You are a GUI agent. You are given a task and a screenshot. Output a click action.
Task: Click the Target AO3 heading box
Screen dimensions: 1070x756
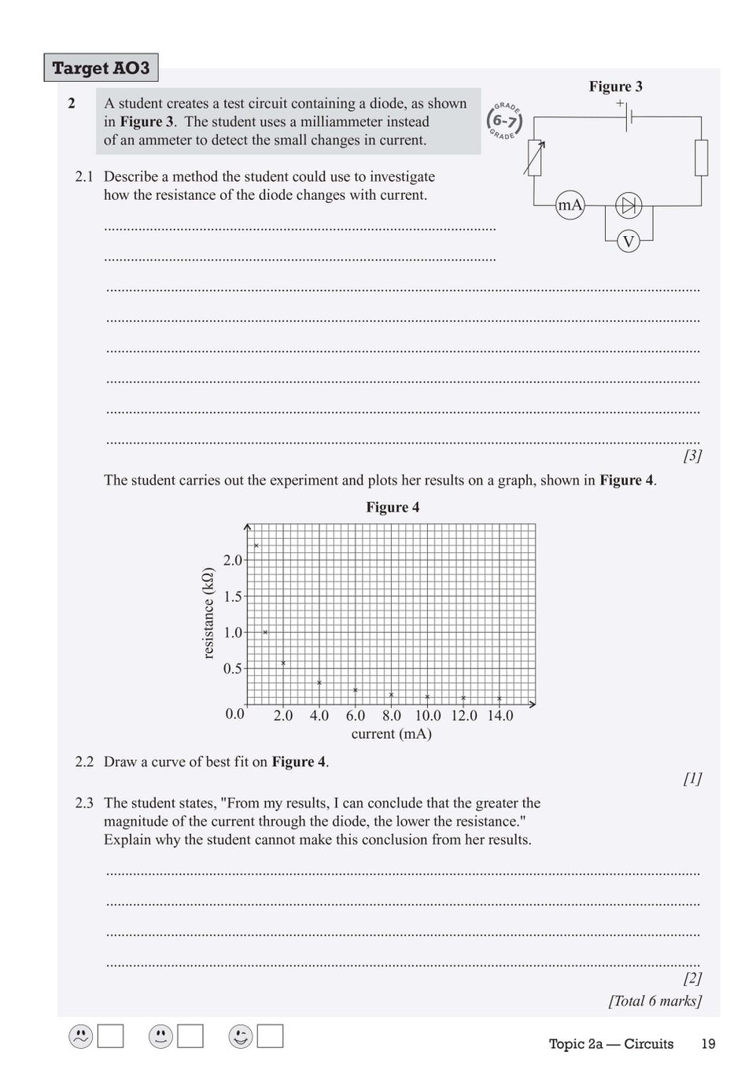pos(101,68)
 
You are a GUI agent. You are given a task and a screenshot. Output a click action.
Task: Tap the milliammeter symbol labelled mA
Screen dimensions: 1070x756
pos(570,206)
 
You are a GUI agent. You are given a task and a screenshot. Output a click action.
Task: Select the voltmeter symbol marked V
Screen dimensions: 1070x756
pos(628,242)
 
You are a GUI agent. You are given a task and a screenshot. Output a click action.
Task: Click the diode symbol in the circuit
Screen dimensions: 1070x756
pos(628,206)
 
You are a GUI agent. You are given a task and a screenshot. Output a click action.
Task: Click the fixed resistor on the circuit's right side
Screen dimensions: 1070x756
pos(701,157)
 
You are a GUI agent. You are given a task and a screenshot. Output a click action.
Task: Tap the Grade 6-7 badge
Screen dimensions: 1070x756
pos(504,120)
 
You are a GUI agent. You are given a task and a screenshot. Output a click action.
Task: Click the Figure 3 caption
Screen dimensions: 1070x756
pos(615,87)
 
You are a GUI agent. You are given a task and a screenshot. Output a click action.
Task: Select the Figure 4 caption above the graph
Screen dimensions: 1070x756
pos(393,507)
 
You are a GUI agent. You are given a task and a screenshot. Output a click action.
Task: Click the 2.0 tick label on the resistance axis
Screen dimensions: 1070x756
pos(233,560)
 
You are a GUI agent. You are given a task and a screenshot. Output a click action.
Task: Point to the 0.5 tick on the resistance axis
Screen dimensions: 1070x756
pos(233,669)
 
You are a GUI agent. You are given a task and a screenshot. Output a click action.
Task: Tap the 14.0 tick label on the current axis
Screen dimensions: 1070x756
pos(500,716)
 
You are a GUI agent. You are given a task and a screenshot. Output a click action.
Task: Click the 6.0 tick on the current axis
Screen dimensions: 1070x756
pos(356,716)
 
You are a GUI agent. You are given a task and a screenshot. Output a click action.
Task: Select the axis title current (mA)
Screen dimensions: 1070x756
pos(391,734)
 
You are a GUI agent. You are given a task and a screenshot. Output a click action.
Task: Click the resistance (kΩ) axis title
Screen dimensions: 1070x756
pos(208,614)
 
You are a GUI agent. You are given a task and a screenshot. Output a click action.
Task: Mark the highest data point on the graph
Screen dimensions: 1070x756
pos(256,545)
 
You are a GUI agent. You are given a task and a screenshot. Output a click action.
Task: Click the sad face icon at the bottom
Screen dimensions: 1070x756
pos(80,1037)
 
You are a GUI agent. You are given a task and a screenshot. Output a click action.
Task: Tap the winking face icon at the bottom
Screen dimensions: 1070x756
pos(241,1037)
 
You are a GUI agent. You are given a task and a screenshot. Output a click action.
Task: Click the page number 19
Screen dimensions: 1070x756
pos(708,1044)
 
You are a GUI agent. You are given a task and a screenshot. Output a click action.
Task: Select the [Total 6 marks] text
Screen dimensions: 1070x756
pos(655,1001)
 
